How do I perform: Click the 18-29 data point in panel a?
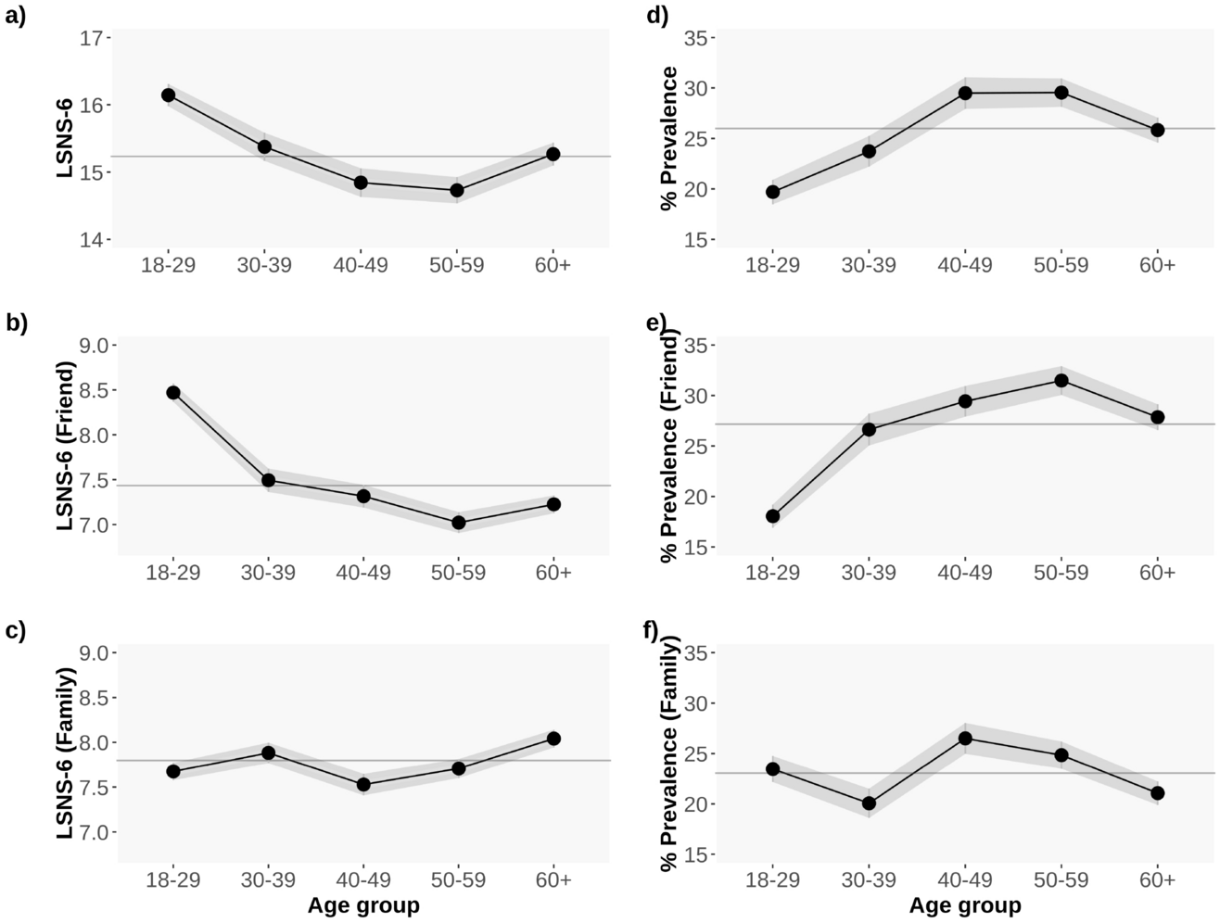(168, 95)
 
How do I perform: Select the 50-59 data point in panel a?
(457, 190)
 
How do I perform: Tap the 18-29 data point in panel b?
(173, 393)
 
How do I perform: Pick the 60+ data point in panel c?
(553, 739)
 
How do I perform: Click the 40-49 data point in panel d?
(965, 93)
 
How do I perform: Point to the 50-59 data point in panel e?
(1061, 380)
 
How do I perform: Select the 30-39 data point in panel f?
(869, 803)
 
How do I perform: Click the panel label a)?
(16, 16)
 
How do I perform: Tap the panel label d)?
(656, 16)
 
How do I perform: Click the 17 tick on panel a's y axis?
(91, 38)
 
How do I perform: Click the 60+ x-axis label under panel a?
(553, 265)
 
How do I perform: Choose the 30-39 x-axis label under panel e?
(869, 573)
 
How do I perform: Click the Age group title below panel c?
(363, 904)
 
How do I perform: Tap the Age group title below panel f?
(965, 904)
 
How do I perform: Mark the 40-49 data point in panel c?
(363, 785)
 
